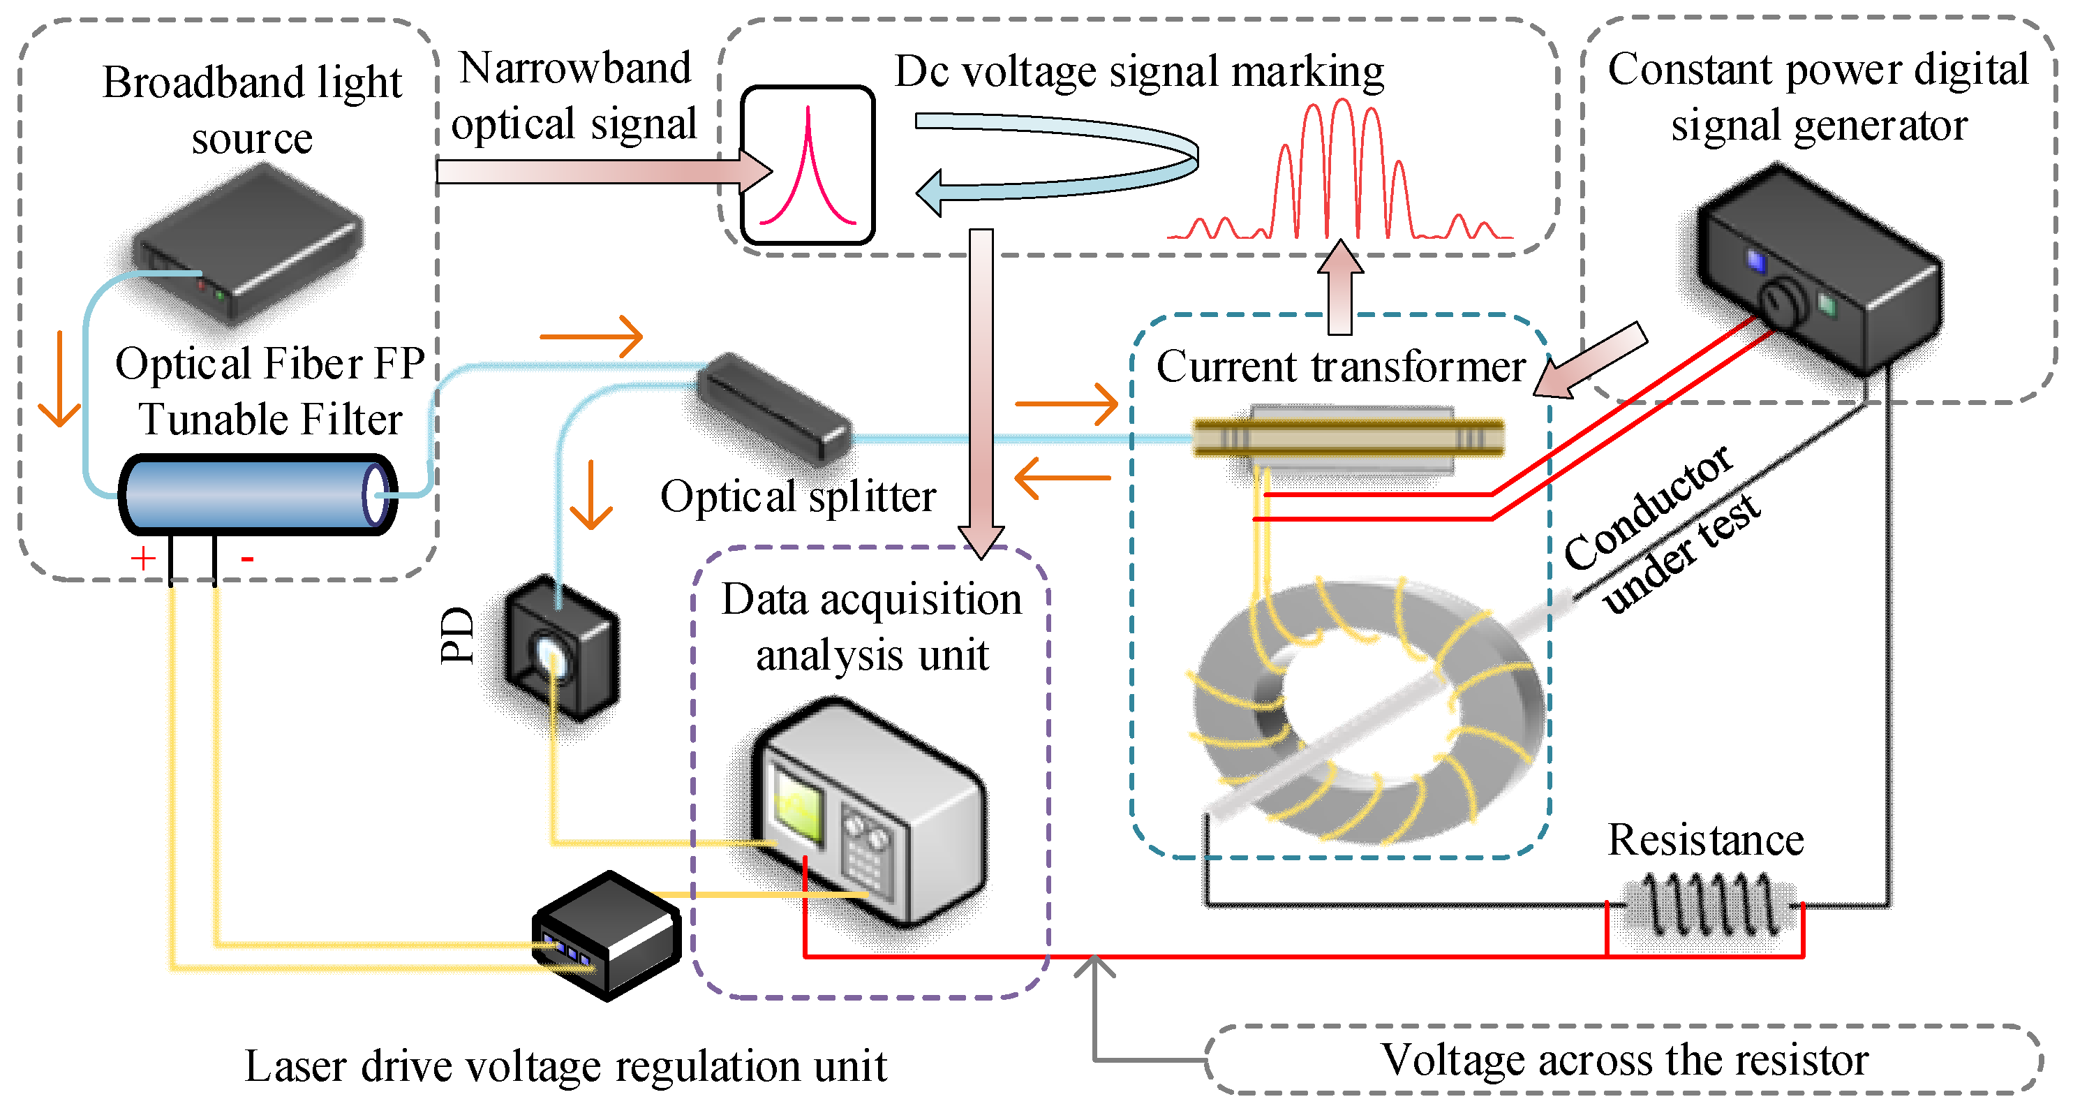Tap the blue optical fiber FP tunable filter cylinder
click(256, 494)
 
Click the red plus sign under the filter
click(143, 558)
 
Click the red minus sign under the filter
click(247, 559)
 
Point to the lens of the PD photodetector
click(551, 656)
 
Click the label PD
click(457, 636)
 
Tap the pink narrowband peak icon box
click(807, 165)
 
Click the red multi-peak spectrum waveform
click(1340, 173)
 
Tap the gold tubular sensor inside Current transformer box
click(1348, 437)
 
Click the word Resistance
click(1706, 839)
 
